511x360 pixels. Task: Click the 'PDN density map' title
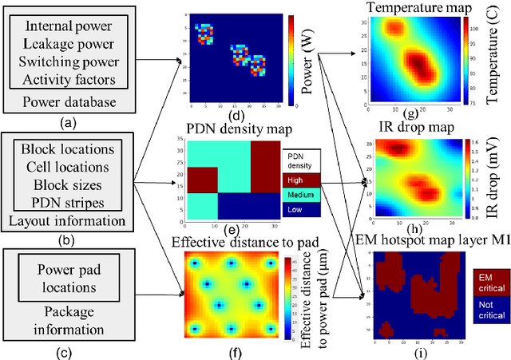pyautogui.click(x=228, y=130)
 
